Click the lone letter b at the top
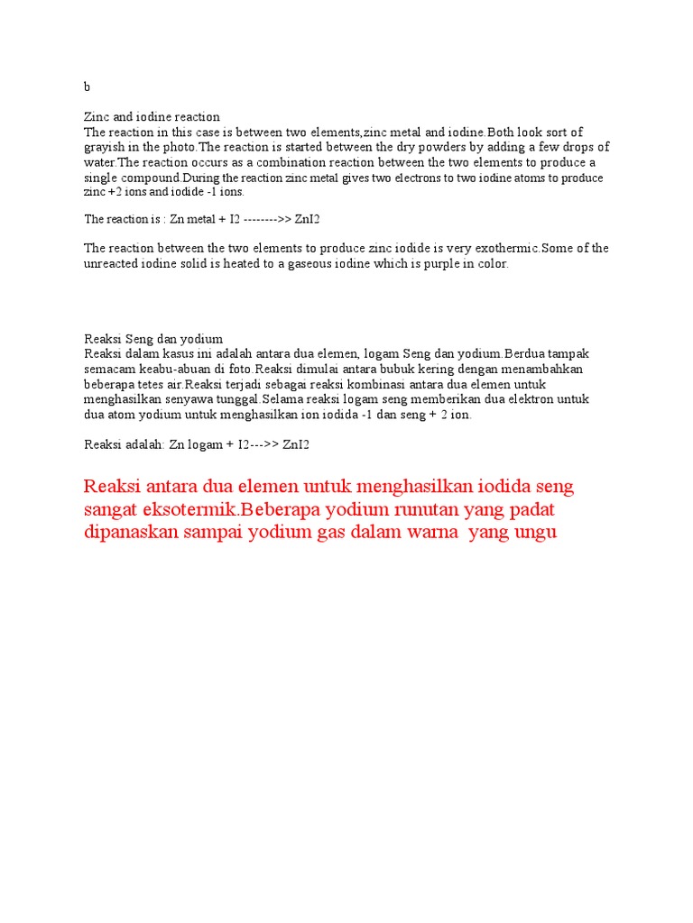point(88,87)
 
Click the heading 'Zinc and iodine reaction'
point(152,117)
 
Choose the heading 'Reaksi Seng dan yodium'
point(153,339)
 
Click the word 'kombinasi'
point(383,384)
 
